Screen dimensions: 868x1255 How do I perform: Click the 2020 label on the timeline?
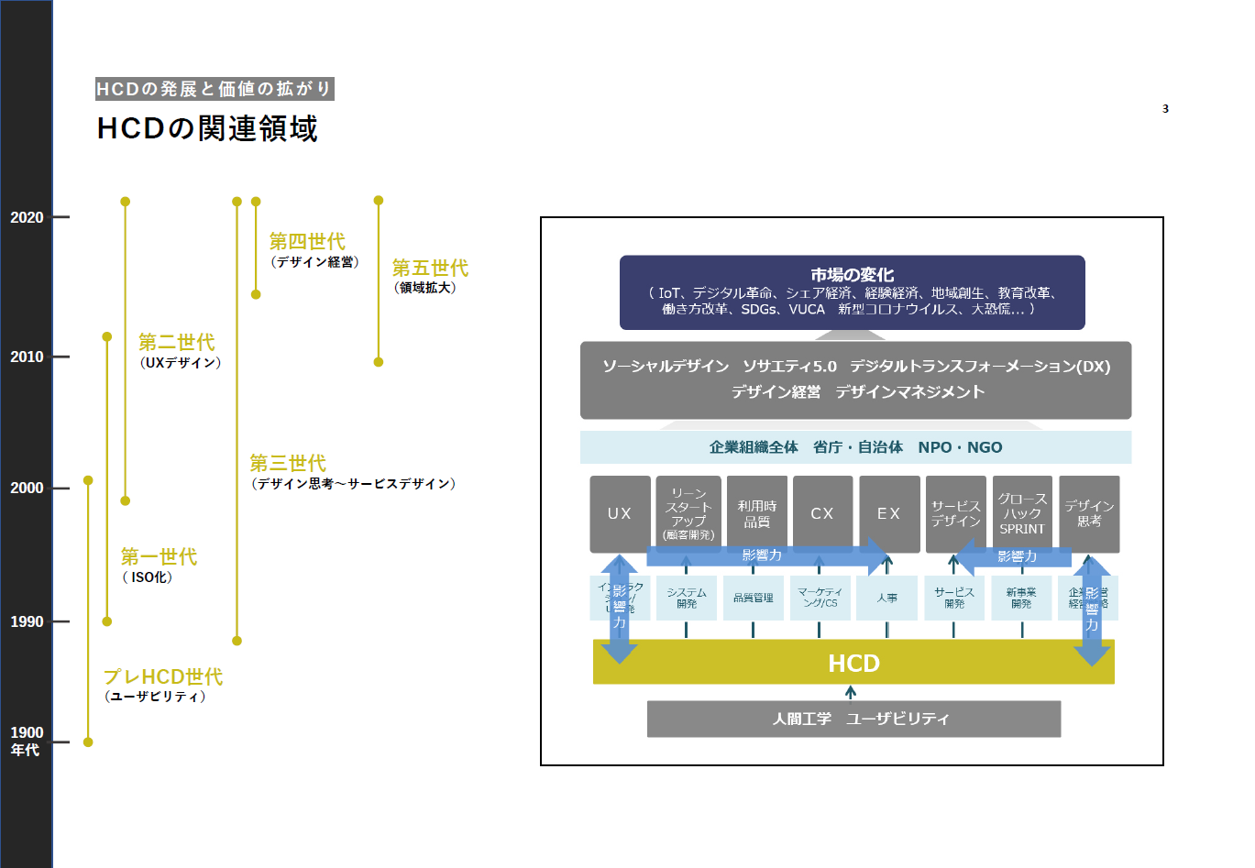pos(27,217)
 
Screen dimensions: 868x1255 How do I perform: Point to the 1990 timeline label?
pos(27,621)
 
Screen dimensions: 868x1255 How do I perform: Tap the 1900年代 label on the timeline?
pos(27,741)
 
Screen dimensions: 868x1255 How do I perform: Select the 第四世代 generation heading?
pos(307,241)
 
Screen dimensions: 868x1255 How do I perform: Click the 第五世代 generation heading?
pos(430,268)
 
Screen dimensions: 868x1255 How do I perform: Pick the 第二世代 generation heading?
pos(177,342)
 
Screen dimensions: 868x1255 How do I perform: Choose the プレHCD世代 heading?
pos(163,676)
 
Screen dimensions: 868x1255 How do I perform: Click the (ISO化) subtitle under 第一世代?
pos(148,577)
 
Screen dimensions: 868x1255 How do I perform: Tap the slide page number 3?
pos(1165,109)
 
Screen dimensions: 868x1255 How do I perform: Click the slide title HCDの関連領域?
pos(207,128)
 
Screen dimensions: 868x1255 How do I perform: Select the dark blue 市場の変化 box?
pos(852,291)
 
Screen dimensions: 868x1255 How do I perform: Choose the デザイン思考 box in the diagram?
pos(1089,512)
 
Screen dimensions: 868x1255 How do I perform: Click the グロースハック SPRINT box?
pos(1022,512)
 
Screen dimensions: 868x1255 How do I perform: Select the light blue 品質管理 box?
pos(753,598)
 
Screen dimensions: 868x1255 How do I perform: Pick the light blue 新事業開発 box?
pos(1021,598)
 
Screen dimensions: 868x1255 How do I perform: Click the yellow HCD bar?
pos(853,663)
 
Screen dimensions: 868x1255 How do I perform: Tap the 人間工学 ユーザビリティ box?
pos(853,719)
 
